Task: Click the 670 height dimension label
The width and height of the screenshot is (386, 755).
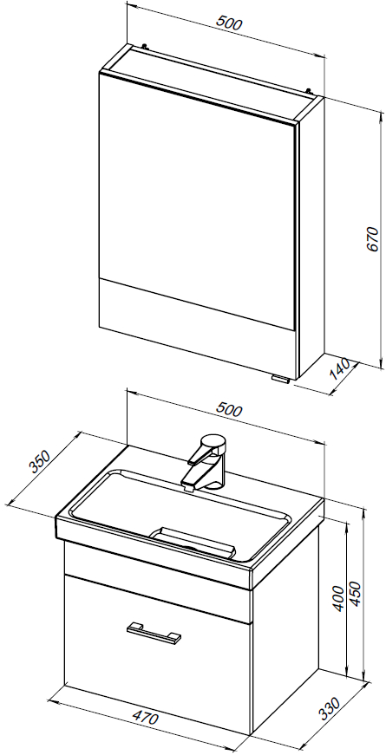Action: click(372, 239)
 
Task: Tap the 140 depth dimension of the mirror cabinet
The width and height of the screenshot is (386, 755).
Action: click(340, 368)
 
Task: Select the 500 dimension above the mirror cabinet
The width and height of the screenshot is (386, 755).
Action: click(229, 23)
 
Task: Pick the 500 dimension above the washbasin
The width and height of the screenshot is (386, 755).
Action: click(229, 409)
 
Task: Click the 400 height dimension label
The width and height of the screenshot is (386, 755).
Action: click(339, 598)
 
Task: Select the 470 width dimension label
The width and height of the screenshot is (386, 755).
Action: click(145, 718)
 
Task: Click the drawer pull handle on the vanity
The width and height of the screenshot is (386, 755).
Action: click(154, 632)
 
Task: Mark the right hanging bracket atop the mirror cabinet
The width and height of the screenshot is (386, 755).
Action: click(309, 89)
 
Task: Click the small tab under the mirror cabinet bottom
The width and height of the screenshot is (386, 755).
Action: click(280, 379)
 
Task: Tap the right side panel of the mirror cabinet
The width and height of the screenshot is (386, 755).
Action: click(311, 237)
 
